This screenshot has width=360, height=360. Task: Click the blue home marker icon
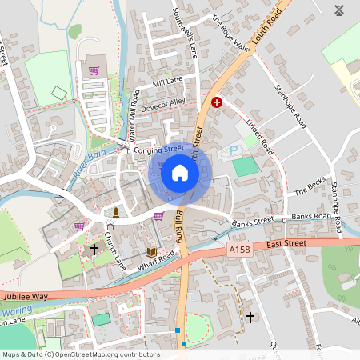pos(180,173)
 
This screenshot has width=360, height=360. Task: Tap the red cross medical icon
pos(216,102)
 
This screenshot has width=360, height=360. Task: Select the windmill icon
pos(338,11)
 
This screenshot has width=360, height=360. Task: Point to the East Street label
pos(286,242)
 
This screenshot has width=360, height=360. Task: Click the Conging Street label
pos(160,149)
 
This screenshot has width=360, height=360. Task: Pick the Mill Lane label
pos(167,81)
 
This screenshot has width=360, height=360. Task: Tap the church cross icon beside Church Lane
pos(94,250)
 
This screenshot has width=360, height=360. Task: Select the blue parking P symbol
pos(234,150)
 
